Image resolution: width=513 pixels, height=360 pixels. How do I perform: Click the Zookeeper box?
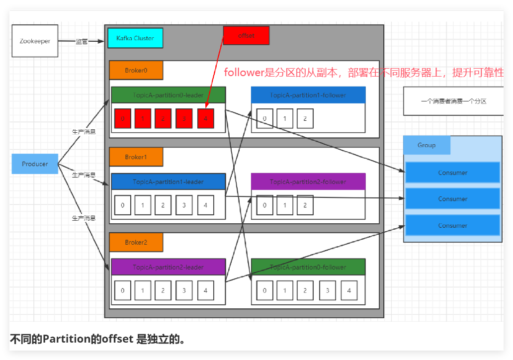35,41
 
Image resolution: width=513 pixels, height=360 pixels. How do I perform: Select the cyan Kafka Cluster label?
135,38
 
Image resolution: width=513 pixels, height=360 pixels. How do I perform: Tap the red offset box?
246,36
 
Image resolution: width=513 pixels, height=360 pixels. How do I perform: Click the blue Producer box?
35,164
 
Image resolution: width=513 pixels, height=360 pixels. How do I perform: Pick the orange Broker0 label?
136,71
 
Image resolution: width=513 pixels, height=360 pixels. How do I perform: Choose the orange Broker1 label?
136,157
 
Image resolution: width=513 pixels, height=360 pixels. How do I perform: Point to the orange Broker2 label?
136,243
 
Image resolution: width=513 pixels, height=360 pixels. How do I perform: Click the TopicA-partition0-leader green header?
168,95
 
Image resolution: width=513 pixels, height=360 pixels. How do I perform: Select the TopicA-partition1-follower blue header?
308,95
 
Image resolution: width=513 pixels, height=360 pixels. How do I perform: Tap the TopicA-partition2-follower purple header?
308,181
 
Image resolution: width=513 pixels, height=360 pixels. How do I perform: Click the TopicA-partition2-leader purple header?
168,267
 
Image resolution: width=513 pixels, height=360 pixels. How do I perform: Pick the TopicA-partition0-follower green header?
308,267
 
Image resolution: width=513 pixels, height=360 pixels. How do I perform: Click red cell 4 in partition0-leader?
205,118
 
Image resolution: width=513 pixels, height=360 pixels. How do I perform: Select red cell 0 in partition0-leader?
122,118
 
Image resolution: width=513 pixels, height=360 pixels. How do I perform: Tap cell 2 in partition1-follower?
305,118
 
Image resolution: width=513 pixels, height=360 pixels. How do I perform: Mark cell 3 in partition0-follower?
327,290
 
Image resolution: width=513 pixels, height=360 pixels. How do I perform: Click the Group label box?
427,145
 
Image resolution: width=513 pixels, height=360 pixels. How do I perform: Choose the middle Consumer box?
452,199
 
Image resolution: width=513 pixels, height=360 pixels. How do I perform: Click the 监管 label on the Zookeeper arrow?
82,42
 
